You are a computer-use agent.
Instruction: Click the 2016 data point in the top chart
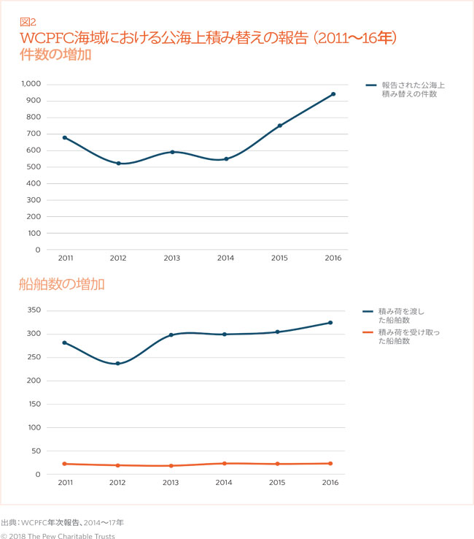click(x=333, y=94)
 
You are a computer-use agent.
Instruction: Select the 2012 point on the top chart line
click(x=119, y=163)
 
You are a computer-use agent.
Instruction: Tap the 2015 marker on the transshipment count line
click(x=279, y=126)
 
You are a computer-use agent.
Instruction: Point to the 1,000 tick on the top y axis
click(x=31, y=84)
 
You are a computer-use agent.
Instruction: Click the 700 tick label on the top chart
click(x=34, y=134)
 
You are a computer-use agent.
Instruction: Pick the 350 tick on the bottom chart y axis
click(x=34, y=310)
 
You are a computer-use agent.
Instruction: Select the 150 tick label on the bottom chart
click(x=34, y=404)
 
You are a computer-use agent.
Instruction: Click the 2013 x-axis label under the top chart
click(x=172, y=259)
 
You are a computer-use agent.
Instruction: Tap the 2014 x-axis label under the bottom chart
click(x=225, y=483)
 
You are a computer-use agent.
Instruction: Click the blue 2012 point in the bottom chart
click(x=118, y=363)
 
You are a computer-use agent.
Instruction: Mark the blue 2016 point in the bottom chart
click(x=330, y=323)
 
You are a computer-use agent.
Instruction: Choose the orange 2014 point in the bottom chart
click(x=225, y=463)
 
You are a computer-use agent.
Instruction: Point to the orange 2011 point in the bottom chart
click(x=65, y=464)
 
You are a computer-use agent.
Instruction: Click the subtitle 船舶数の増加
click(x=62, y=285)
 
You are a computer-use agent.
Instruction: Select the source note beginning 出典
click(x=63, y=522)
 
